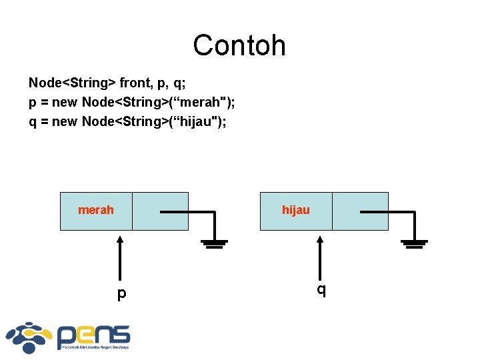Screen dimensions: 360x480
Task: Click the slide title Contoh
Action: (x=239, y=45)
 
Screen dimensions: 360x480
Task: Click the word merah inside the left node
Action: (x=96, y=210)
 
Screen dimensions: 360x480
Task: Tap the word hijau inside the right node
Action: (x=296, y=210)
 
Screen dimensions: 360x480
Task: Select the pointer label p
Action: (x=121, y=294)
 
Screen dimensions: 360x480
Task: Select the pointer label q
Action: (x=321, y=290)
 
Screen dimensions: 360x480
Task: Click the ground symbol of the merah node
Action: (x=215, y=243)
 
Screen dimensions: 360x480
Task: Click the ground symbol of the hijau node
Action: (x=415, y=243)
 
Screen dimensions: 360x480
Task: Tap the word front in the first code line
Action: (x=135, y=83)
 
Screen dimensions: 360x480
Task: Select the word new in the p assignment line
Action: (x=65, y=103)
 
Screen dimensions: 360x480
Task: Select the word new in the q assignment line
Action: (x=65, y=121)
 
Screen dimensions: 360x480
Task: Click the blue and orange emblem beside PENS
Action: (x=29, y=337)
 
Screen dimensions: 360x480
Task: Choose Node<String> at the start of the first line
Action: (x=72, y=83)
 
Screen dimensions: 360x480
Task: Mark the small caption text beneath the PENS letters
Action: (x=93, y=347)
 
